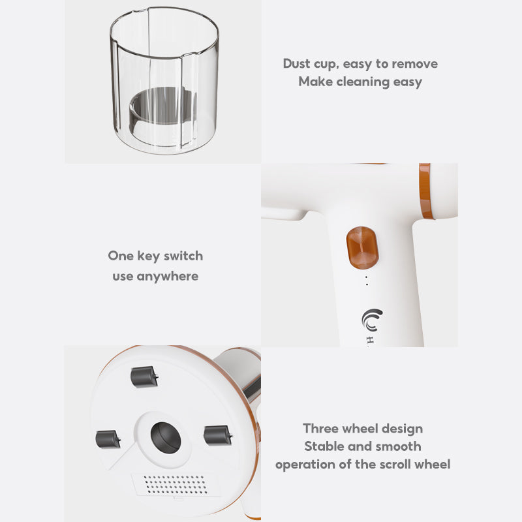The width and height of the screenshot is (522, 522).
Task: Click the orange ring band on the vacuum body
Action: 426,191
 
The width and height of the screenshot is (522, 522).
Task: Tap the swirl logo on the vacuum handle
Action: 372,320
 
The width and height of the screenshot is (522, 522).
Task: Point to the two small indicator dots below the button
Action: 367,281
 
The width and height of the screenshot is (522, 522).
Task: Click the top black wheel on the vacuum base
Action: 144,377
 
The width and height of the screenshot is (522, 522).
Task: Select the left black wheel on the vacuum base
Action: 108,439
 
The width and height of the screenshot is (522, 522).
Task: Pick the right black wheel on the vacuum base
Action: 218,435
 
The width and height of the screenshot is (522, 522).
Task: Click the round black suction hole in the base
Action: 166,438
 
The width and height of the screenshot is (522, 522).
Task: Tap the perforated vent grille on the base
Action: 176,485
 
